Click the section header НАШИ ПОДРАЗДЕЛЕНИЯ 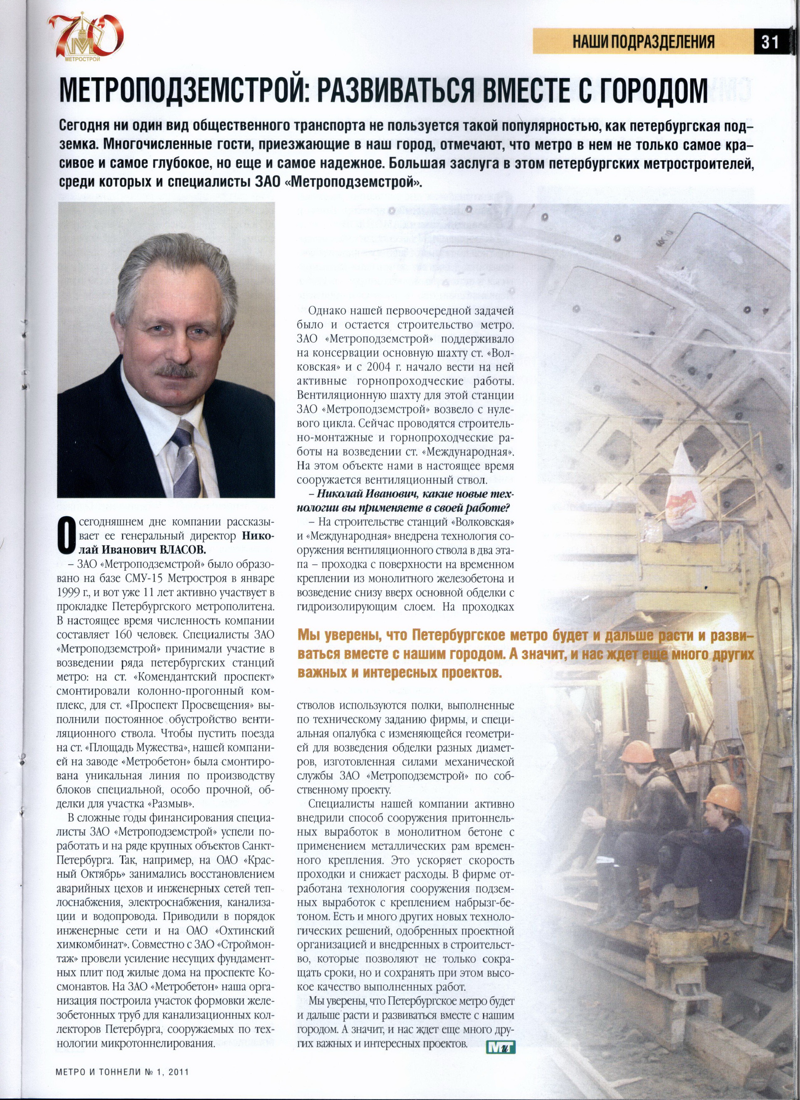[x=644, y=42]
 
